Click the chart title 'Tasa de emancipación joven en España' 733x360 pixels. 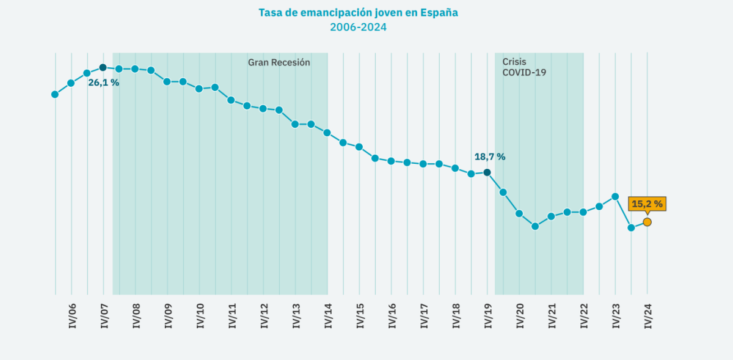(358, 12)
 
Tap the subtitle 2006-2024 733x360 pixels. (358, 27)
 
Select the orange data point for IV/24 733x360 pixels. (647, 222)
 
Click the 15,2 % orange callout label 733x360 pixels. (647, 204)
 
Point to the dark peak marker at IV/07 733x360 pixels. (103, 67)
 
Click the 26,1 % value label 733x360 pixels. (104, 83)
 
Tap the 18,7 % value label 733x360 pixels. (490, 156)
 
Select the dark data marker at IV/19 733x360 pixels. (487, 172)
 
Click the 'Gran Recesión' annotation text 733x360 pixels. (279, 62)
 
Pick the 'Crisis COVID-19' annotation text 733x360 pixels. (523, 67)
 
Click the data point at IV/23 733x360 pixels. (615, 196)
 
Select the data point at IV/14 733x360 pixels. (327, 133)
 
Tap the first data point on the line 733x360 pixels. (55, 94)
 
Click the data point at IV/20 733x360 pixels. (519, 213)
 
